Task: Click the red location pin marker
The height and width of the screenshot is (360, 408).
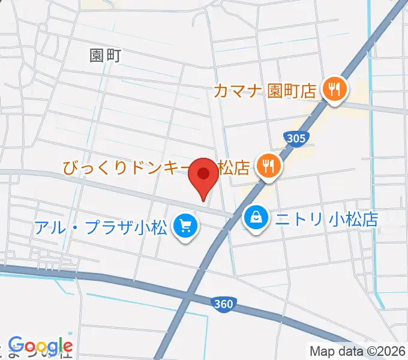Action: pyautogui.click(x=203, y=178)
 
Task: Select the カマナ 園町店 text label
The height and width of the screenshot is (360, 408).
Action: pyautogui.click(x=265, y=91)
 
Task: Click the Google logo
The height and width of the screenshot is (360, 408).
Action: pyautogui.click(x=40, y=346)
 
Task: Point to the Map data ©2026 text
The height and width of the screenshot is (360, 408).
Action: pyautogui.click(x=358, y=351)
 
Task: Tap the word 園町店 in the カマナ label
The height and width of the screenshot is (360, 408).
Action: pyautogui.click(x=292, y=91)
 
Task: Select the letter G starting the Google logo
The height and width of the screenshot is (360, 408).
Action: pyautogui.click(x=15, y=346)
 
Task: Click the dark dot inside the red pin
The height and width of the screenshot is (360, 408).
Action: pyautogui.click(x=203, y=173)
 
